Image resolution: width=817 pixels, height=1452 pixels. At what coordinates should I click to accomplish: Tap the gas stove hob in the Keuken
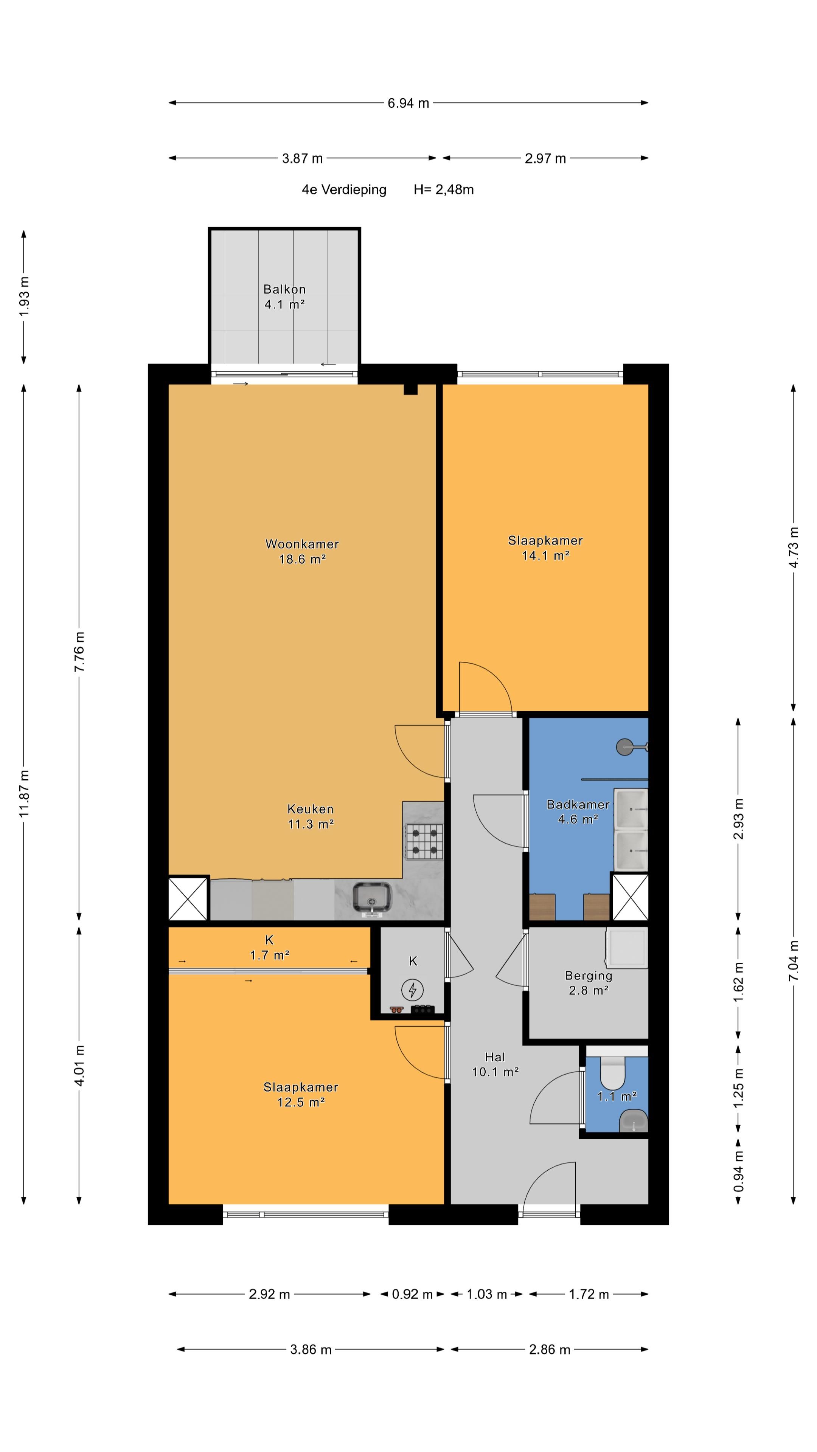(x=424, y=841)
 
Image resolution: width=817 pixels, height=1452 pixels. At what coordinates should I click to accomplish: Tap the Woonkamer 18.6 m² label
(x=302, y=551)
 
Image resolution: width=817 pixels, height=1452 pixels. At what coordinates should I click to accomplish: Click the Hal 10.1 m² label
(x=495, y=1064)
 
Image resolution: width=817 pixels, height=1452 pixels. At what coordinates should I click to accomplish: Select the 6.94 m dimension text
(x=408, y=103)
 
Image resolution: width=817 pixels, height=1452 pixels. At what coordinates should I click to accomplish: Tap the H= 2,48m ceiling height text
(x=444, y=190)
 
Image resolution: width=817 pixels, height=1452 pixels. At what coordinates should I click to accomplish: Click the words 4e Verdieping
(x=344, y=190)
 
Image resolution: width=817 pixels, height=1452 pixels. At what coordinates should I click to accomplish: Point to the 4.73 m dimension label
(x=793, y=547)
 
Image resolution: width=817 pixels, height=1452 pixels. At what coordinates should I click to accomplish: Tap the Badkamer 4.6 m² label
(x=578, y=812)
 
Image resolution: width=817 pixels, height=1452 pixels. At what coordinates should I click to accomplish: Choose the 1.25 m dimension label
(x=738, y=1087)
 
